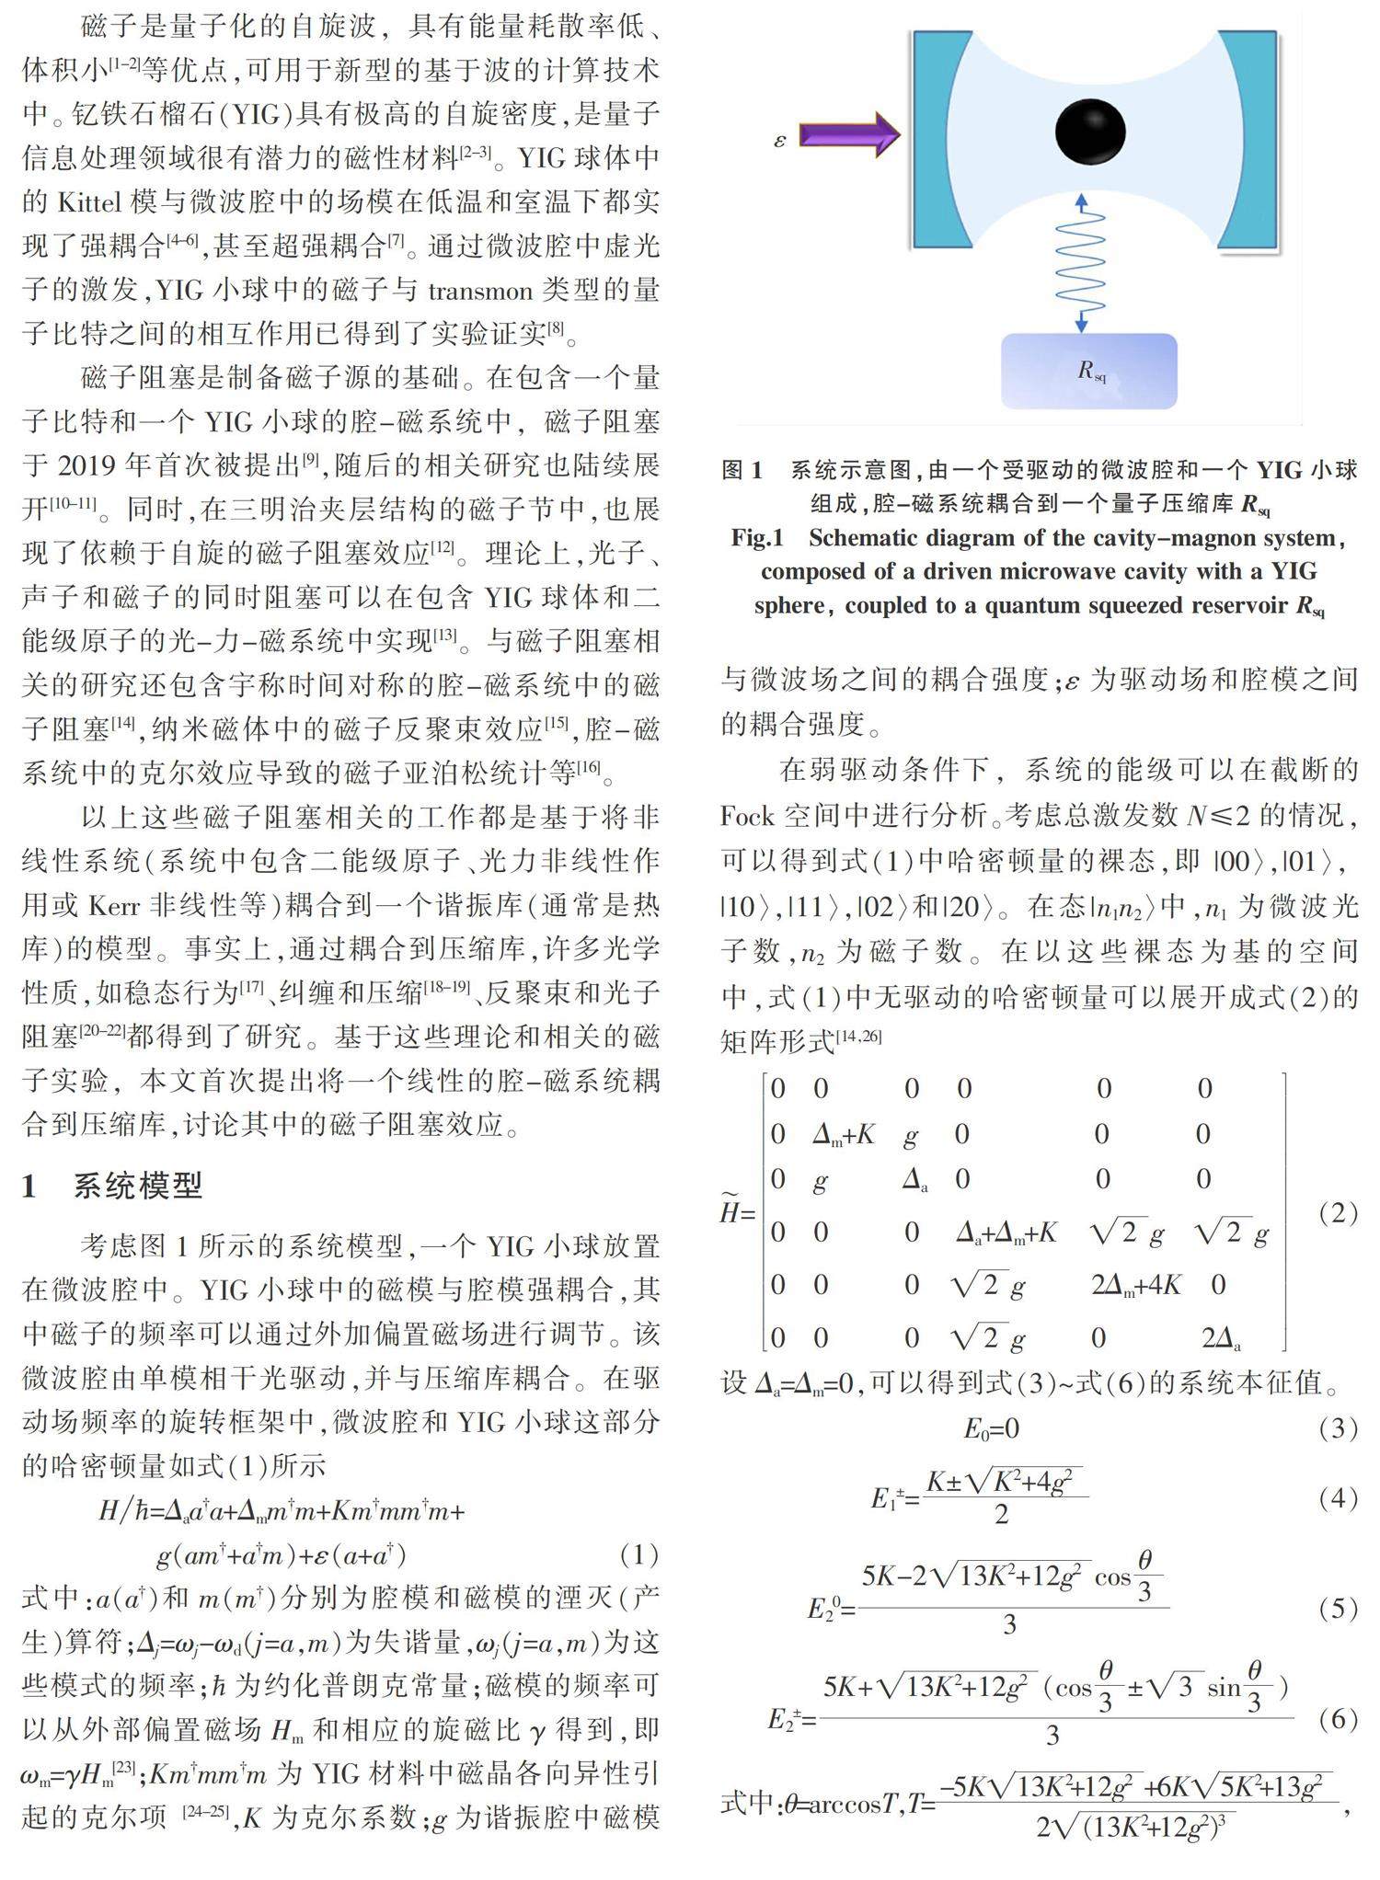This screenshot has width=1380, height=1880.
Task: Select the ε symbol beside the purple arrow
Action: point(780,141)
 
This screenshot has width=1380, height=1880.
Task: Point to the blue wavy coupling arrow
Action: point(1081,262)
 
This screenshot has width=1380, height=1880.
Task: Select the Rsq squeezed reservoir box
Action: point(1089,371)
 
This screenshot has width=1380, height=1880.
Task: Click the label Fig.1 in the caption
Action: point(756,538)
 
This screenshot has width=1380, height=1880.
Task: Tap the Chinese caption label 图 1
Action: point(742,471)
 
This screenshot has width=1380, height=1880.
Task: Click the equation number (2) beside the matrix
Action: point(1338,1213)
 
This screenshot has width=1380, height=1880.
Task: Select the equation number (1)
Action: point(638,1554)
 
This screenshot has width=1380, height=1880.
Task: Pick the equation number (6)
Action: point(1338,1719)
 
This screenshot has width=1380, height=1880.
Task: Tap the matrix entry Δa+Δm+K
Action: point(1006,1232)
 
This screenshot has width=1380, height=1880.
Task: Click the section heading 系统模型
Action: point(137,1186)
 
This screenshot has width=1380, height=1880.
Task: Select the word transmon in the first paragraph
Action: point(480,292)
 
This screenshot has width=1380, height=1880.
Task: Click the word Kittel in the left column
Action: point(91,202)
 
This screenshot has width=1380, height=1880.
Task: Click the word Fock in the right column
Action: point(748,816)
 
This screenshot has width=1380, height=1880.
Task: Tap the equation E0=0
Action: point(992,1428)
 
